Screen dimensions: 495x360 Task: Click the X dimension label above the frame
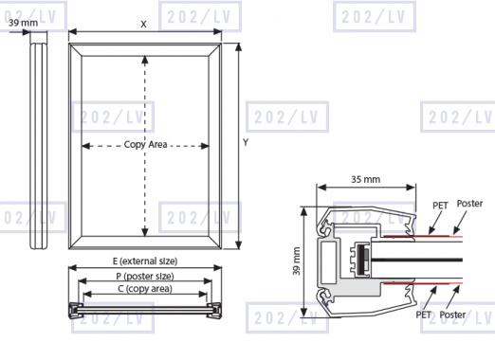143,24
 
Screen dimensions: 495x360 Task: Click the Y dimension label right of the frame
246,142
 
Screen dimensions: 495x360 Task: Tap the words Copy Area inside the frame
145,145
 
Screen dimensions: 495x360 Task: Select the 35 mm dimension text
366,179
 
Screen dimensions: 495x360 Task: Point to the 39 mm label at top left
23,23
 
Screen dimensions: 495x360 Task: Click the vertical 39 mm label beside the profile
296,261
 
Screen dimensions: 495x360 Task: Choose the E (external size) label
145,261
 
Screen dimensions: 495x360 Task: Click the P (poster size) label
145,276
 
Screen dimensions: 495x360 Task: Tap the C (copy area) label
145,289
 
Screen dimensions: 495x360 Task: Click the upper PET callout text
440,206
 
